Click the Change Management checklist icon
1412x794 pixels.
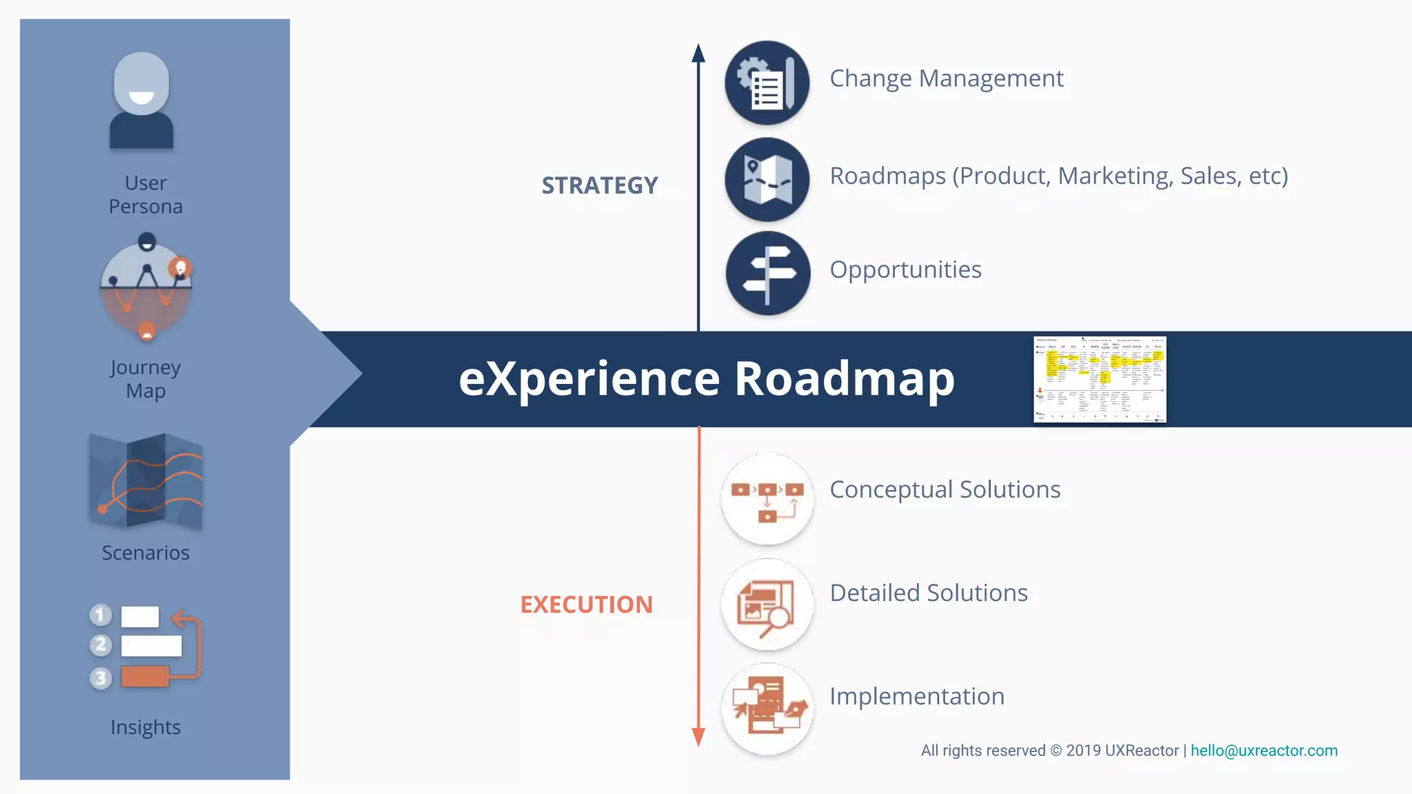coord(767,83)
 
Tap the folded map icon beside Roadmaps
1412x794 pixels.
coord(767,180)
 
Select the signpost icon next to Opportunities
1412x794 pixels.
coord(767,273)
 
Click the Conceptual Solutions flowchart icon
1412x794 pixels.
coord(767,499)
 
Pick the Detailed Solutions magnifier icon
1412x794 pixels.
coord(767,604)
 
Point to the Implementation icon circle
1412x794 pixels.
coord(767,709)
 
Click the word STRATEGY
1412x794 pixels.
coord(600,185)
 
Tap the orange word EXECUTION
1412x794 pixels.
coord(586,604)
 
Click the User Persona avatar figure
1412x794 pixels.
coord(141,101)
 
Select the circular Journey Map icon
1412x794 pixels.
coord(146,287)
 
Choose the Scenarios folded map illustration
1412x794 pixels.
coord(145,481)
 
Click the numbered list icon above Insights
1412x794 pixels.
coord(145,647)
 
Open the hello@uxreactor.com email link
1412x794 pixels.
coord(1264,751)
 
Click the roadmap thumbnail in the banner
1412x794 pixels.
coord(1100,379)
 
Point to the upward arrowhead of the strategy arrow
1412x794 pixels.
coord(698,53)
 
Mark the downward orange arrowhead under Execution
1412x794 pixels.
coord(698,737)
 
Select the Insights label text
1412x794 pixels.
coord(145,727)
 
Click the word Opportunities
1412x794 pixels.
coord(905,269)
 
